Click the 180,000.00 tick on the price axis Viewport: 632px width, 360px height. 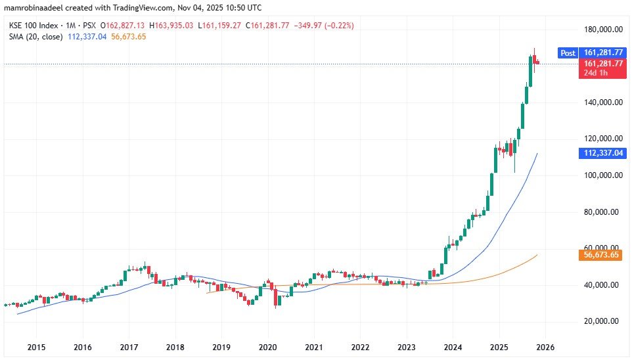[x=602, y=30]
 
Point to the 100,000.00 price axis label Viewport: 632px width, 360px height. [x=602, y=175]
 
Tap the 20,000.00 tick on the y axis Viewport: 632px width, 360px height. [x=602, y=321]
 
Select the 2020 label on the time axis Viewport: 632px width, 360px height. [x=267, y=346]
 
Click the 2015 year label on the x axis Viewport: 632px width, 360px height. [x=36, y=346]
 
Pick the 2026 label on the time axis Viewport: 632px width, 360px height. [x=545, y=346]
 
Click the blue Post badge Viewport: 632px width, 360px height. [x=568, y=53]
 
